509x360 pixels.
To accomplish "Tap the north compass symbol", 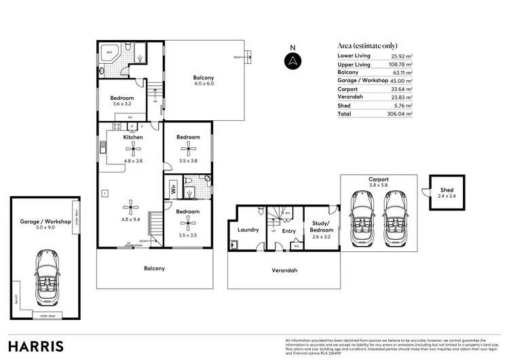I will point(292,60).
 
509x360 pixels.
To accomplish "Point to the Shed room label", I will point(446,191).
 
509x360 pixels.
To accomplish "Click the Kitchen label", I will point(133,137).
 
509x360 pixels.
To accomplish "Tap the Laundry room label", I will point(248,230).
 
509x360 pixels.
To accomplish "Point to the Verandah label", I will point(284,270).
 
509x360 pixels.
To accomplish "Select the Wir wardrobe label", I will point(173,190).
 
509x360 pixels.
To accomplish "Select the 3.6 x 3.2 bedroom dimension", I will point(122,105).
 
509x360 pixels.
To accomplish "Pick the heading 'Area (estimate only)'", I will point(372,45).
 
